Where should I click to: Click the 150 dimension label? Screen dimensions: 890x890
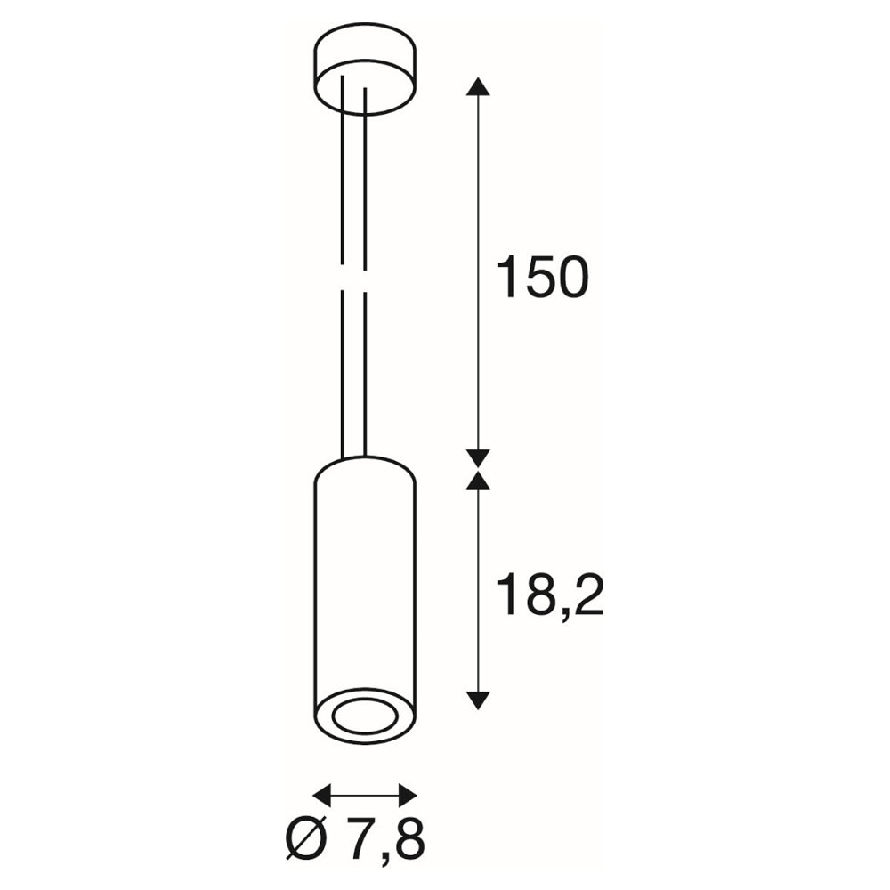click(x=542, y=277)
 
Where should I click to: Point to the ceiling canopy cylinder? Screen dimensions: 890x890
click(x=365, y=69)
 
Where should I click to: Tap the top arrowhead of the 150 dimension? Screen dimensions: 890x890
click(x=478, y=86)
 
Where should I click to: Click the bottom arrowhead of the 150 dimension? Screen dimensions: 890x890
click(x=478, y=458)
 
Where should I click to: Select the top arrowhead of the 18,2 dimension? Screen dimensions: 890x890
click(x=478, y=480)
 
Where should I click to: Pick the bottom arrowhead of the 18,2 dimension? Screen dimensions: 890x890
click(x=478, y=700)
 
